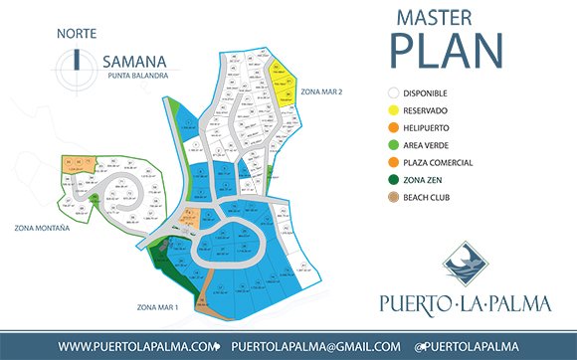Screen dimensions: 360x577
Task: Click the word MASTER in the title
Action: [x=435, y=18]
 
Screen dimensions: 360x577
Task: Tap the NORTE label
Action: [x=77, y=33]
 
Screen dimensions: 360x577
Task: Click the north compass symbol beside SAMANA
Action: [x=77, y=59]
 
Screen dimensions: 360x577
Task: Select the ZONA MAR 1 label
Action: [x=152, y=307]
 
